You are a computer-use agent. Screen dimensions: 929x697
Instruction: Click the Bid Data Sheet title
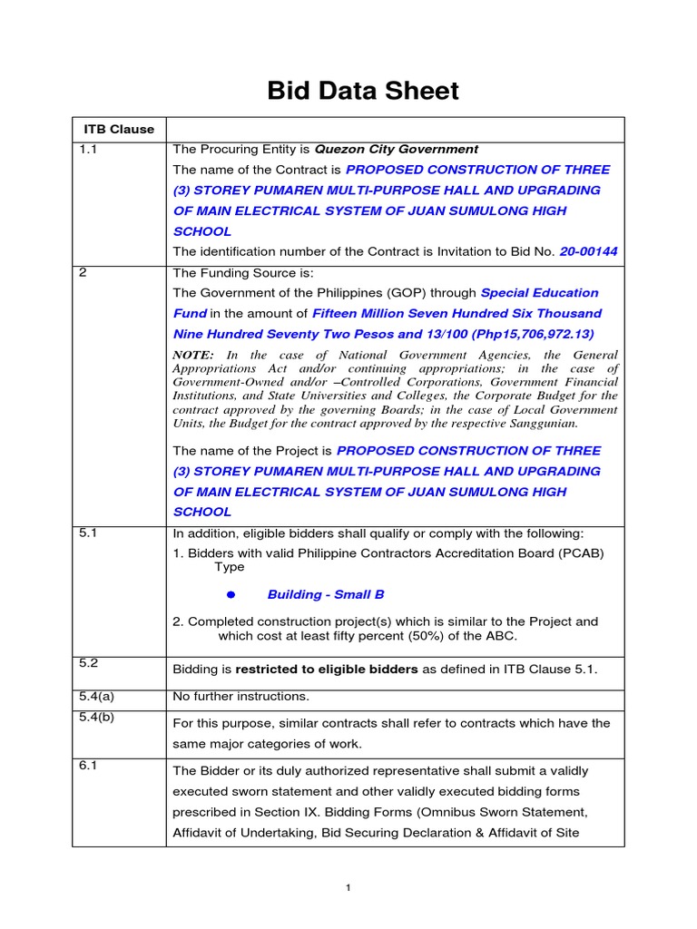[362, 91]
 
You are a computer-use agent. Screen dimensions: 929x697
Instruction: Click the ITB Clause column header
[119, 130]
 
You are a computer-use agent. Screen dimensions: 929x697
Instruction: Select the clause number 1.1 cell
[88, 149]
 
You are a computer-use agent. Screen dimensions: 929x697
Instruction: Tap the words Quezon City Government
[396, 149]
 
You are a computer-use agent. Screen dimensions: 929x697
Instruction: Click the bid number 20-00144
[588, 251]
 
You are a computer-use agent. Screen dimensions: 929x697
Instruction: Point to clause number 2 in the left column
[83, 273]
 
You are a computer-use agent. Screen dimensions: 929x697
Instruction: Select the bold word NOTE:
[193, 356]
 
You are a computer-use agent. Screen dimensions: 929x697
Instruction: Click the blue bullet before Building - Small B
[231, 594]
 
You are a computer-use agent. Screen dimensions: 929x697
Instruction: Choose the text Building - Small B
[326, 594]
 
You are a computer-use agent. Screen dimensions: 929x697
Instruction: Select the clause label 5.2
[88, 663]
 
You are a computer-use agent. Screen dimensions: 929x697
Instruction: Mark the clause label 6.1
[87, 765]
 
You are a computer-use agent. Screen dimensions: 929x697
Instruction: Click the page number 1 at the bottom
[348, 888]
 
